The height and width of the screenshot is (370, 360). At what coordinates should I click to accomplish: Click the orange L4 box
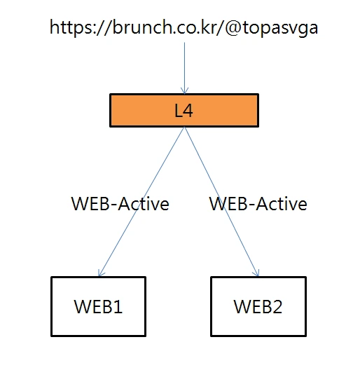coord(184,111)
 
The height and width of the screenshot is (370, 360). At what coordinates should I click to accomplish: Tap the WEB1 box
coord(98,306)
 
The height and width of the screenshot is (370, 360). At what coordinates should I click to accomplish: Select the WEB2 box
coord(258,306)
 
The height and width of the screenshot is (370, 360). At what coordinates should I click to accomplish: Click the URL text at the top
coord(184,28)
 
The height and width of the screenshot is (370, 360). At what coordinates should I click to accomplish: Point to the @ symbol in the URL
coord(233,28)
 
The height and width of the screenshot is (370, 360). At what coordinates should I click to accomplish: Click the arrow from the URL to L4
coord(184,68)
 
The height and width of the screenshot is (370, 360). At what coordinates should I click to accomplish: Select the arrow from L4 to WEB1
coord(141,202)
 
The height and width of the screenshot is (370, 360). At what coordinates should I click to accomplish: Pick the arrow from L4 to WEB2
coord(222,202)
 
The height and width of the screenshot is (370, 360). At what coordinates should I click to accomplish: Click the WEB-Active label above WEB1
coord(120,204)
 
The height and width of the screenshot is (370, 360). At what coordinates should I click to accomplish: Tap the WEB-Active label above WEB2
coord(258,204)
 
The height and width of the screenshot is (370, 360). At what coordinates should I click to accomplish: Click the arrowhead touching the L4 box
coord(184,91)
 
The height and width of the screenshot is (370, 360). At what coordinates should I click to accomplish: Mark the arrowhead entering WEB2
coord(257,273)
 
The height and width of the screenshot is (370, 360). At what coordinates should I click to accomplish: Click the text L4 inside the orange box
coord(184,111)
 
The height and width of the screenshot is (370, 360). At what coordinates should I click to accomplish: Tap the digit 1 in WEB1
coord(118,306)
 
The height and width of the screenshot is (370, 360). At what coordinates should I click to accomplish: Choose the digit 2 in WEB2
coord(277,306)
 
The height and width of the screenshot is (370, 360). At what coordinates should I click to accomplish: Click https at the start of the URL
coord(71,28)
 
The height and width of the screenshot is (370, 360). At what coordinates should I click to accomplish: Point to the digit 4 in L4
coord(188,111)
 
